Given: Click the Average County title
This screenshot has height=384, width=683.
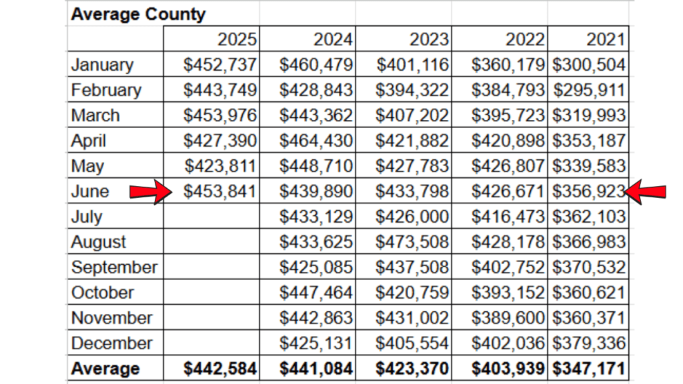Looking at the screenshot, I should [138, 14].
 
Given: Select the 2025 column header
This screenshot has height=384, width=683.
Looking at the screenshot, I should [237, 39].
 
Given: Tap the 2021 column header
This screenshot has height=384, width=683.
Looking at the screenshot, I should [606, 39].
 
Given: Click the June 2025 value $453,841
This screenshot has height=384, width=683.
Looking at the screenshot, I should [219, 192].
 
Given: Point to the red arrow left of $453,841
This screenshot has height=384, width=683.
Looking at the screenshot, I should [150, 192].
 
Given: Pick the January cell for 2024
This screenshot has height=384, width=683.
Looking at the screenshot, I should [315, 65].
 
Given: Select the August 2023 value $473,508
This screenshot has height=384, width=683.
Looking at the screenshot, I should [412, 242].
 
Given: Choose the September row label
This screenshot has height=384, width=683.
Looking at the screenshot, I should [114, 267].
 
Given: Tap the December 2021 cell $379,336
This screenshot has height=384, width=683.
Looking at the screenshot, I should [588, 343].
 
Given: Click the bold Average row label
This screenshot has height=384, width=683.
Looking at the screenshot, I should [105, 369].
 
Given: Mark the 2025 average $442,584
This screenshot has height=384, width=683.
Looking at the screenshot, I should [219, 369].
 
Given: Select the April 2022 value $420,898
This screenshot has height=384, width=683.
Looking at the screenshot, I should [508, 141].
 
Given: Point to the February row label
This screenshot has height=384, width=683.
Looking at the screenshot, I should [106, 90].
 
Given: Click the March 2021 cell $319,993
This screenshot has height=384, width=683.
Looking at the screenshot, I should [588, 115].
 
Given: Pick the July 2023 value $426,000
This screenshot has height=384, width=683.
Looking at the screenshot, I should [412, 217].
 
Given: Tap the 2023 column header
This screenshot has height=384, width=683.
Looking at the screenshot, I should [429, 39].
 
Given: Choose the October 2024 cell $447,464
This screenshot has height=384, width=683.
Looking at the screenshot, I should [315, 293].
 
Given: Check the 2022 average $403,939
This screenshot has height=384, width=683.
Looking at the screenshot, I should [508, 369].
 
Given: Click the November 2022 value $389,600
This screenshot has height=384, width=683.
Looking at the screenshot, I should [508, 318].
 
